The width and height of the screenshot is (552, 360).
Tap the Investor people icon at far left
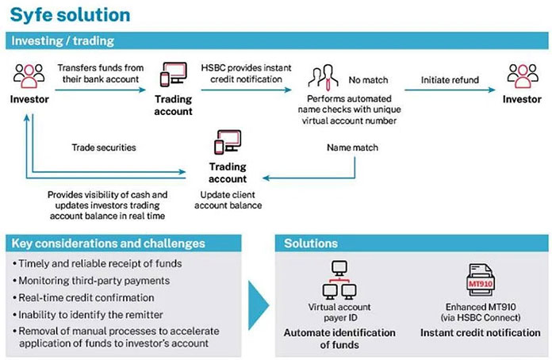point(26,75)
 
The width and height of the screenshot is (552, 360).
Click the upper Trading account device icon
point(173,76)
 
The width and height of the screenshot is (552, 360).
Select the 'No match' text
point(366,79)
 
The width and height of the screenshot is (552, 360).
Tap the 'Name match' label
point(351,148)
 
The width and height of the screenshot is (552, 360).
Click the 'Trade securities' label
point(103,147)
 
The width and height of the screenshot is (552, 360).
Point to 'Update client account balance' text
point(230,200)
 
